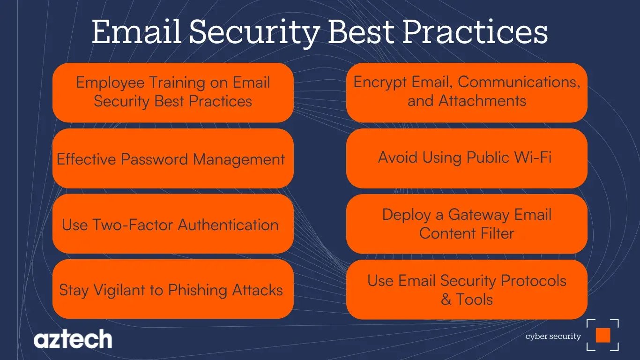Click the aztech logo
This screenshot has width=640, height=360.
(x=73, y=339)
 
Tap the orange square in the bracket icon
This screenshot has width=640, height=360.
(x=603, y=335)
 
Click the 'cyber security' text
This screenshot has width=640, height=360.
(x=553, y=336)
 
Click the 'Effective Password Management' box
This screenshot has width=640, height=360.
(x=173, y=159)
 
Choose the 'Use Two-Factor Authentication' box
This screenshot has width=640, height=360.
(x=173, y=225)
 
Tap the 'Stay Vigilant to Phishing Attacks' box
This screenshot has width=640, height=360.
(x=173, y=290)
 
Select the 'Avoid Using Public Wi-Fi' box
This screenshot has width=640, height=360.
(x=466, y=158)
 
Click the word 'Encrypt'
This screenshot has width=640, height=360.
(x=380, y=82)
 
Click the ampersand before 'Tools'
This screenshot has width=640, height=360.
(x=446, y=299)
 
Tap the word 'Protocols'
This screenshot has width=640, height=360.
(x=534, y=281)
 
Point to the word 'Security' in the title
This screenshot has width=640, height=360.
(x=251, y=33)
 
